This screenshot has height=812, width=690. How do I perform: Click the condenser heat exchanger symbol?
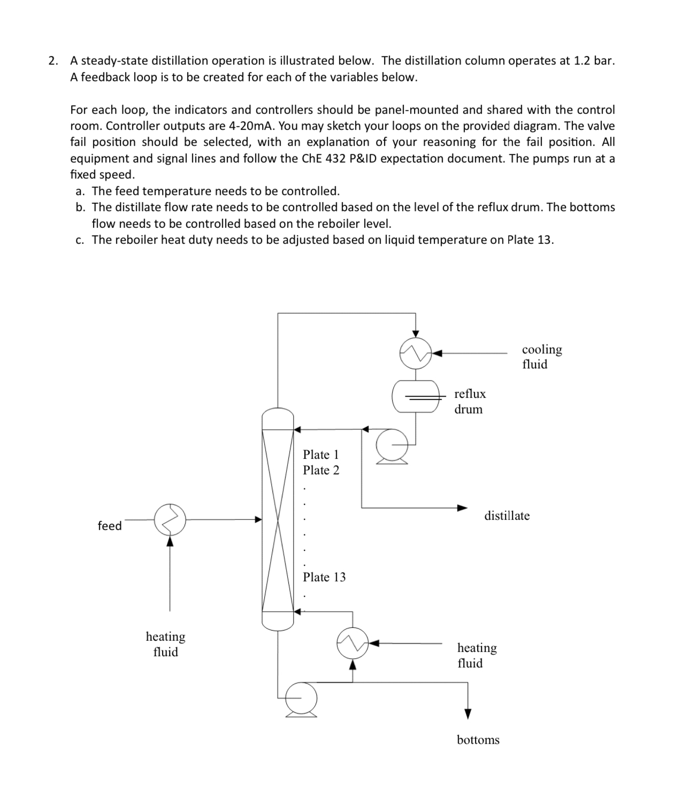tap(416, 353)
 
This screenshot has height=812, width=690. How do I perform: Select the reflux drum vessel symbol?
tap(416, 396)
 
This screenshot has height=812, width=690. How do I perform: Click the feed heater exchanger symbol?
tap(170, 519)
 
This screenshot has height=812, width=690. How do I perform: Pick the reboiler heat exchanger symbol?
tap(352, 643)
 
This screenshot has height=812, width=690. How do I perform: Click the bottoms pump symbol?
tap(301, 698)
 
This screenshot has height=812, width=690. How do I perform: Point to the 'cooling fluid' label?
tap(541, 357)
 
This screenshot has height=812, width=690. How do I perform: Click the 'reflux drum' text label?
tap(470, 401)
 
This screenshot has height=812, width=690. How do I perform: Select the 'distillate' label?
tap(507, 516)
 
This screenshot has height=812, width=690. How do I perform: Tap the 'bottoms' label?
tap(478, 740)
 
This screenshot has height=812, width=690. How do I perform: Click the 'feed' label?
tap(110, 526)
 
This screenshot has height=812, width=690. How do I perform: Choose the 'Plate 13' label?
tap(324, 577)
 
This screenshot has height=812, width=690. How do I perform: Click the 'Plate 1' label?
tap(320, 455)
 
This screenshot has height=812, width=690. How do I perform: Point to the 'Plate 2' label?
tap(320, 470)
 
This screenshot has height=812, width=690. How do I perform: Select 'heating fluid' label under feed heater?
tap(165, 644)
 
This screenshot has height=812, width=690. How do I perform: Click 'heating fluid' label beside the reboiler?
tap(477, 655)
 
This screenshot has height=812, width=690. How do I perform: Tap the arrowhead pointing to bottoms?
tap(468, 714)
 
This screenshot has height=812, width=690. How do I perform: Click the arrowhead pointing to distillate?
tap(462, 508)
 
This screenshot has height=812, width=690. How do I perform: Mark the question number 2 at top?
tap(52, 60)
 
